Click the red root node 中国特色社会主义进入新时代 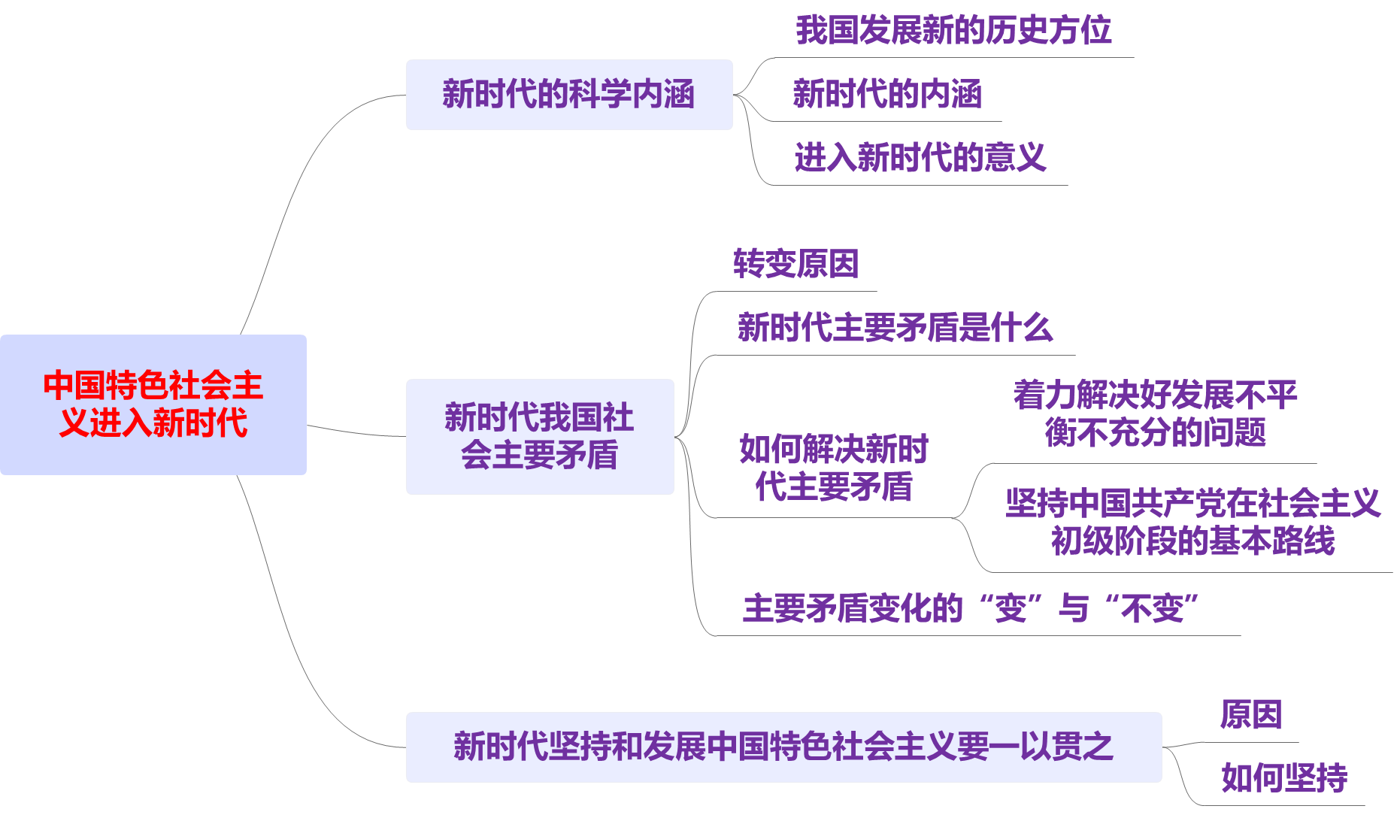(x=153, y=404)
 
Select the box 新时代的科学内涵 (x=568, y=95)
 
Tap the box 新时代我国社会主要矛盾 (x=539, y=436)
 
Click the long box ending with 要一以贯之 (x=783, y=747)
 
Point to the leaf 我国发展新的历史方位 (x=953, y=31)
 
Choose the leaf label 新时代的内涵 (x=887, y=95)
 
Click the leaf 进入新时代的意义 (x=920, y=158)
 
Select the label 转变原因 (x=795, y=264)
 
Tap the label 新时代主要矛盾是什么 (x=895, y=328)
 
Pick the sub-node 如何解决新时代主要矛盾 (x=833, y=468)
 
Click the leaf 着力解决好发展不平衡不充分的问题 (x=1155, y=414)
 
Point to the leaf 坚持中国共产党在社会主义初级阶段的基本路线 (x=1192, y=522)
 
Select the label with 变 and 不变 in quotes (x=970, y=608)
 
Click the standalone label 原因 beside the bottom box (x=1250, y=714)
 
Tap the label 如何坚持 (x=1283, y=777)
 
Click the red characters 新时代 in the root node (x=199, y=423)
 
